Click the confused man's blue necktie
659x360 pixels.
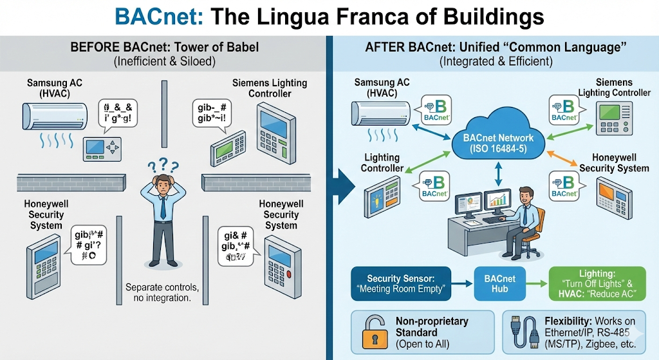163,207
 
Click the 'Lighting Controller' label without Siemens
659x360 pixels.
382,162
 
